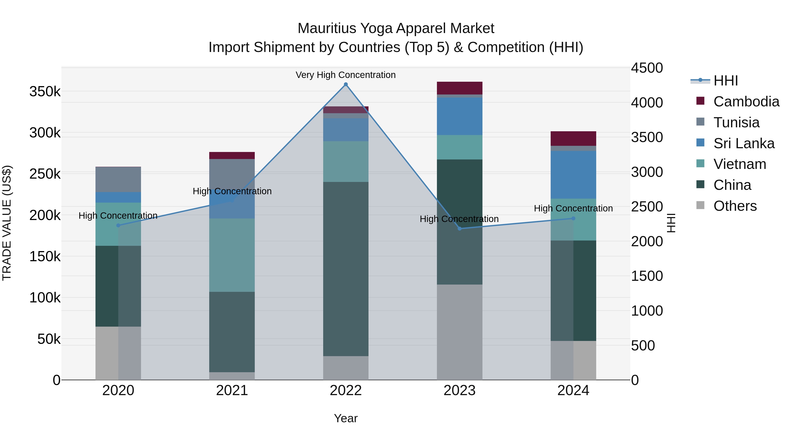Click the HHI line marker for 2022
click(x=346, y=84)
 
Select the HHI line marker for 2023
click(x=460, y=229)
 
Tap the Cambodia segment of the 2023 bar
click(x=460, y=88)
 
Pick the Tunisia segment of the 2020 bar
click(x=118, y=180)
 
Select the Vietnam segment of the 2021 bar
click(x=232, y=255)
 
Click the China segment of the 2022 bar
click(x=346, y=269)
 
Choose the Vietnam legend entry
click(x=739, y=164)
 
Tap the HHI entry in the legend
click(x=725, y=81)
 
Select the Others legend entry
click(x=735, y=206)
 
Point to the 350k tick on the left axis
click(x=45, y=92)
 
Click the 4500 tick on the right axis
click(x=647, y=68)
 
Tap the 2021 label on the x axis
click(x=232, y=390)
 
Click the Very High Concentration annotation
click(x=346, y=75)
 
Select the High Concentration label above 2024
click(x=573, y=208)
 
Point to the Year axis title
click(x=346, y=418)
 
